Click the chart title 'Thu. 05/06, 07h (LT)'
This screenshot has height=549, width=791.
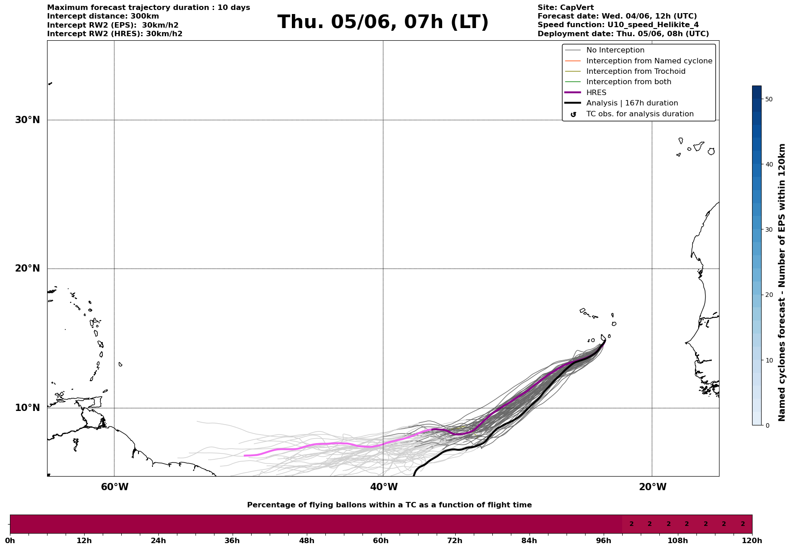pos(383,22)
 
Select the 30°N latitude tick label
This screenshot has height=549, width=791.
pos(27,120)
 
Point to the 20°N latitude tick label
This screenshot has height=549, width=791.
pos(27,268)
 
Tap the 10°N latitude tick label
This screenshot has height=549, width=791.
pos(27,408)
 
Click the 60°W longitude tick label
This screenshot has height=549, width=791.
pos(114,487)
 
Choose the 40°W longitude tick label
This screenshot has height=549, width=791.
pos(384,487)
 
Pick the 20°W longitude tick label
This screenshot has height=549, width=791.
pos(653,487)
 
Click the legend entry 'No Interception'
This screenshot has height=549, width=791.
pos(615,50)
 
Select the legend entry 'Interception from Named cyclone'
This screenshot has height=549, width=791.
pos(649,61)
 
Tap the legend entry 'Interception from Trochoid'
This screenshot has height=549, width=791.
pos(635,72)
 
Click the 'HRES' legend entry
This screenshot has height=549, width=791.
pos(596,93)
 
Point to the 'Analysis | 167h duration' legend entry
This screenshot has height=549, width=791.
pos(632,103)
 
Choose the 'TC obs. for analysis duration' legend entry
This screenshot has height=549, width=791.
pos(639,114)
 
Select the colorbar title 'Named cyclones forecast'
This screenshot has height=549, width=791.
pos(782,282)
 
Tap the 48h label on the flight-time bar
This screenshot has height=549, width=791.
pos(306,540)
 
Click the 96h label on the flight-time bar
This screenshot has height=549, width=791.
pos(603,540)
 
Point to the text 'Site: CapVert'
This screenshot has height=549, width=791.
pos(565,8)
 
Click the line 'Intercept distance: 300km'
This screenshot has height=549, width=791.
pos(103,16)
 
